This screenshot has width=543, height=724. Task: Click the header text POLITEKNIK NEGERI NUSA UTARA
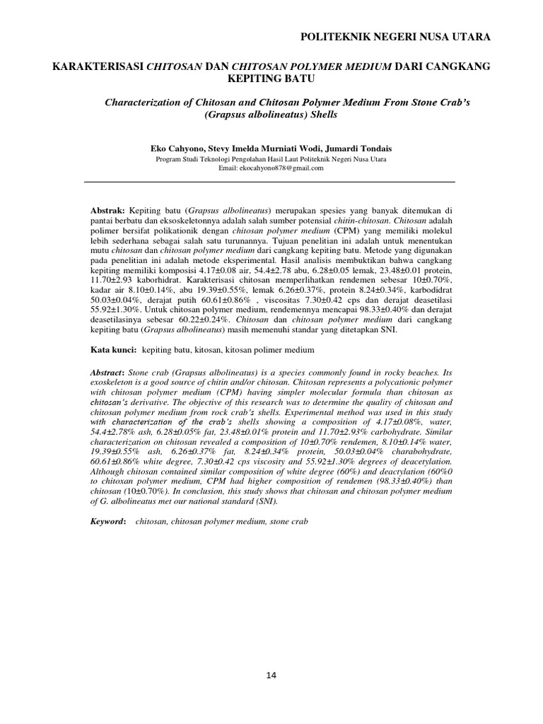tap(395, 37)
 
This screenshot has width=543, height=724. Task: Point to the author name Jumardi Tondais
tap(354, 149)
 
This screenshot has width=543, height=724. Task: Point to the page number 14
tap(271, 675)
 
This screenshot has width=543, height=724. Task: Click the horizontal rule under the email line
tap(271, 182)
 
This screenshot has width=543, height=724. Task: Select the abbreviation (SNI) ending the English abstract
tap(264, 501)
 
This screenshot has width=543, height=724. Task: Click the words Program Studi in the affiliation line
tap(177, 160)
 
